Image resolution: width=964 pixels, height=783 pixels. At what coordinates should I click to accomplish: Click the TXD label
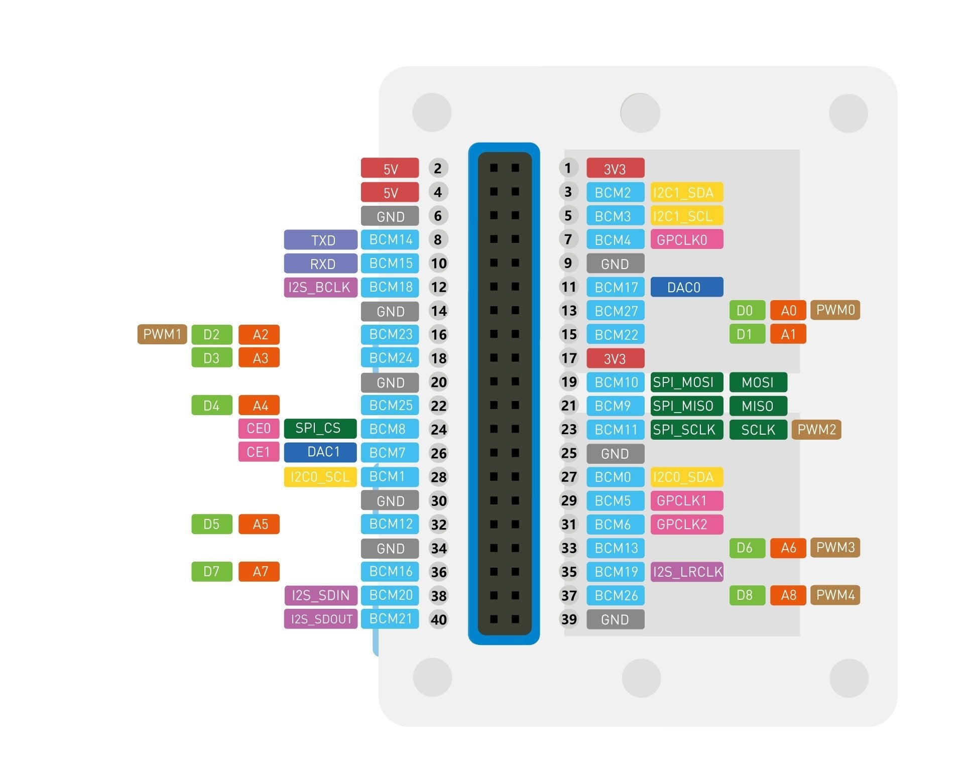point(320,240)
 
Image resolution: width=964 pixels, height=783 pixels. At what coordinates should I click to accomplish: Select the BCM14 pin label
point(390,240)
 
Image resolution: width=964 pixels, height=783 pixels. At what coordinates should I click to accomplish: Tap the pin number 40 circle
point(438,619)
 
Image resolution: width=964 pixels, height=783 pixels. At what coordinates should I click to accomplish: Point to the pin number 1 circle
point(568,168)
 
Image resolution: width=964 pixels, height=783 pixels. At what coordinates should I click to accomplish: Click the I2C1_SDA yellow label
point(686,192)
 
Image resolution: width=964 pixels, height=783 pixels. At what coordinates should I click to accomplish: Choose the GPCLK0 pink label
point(686,239)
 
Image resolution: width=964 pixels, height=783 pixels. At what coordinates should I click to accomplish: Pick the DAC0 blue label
point(686,287)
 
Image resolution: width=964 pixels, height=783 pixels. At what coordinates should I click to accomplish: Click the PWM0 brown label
point(835,310)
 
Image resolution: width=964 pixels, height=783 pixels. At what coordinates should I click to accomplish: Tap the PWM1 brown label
point(162,334)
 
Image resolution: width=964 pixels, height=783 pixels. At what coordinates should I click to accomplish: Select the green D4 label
point(211,406)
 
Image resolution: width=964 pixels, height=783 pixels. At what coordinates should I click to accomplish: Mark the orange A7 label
point(259,571)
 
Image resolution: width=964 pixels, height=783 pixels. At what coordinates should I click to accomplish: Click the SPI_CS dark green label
point(320,429)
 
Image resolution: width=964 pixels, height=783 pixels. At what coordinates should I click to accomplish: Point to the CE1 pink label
point(259,452)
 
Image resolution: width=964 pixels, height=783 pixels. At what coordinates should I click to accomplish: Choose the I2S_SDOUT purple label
point(320,619)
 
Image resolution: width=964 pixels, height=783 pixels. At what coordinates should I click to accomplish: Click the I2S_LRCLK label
point(686,572)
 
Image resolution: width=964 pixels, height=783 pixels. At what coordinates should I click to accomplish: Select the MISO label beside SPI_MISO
point(758,406)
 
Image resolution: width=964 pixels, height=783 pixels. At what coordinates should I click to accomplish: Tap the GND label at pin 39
point(615,619)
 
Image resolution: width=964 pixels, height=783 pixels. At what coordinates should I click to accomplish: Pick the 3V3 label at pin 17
point(615,358)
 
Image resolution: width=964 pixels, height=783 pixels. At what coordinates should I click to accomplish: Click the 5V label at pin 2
point(390,168)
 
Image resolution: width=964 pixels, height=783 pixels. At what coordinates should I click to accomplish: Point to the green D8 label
point(747,595)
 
